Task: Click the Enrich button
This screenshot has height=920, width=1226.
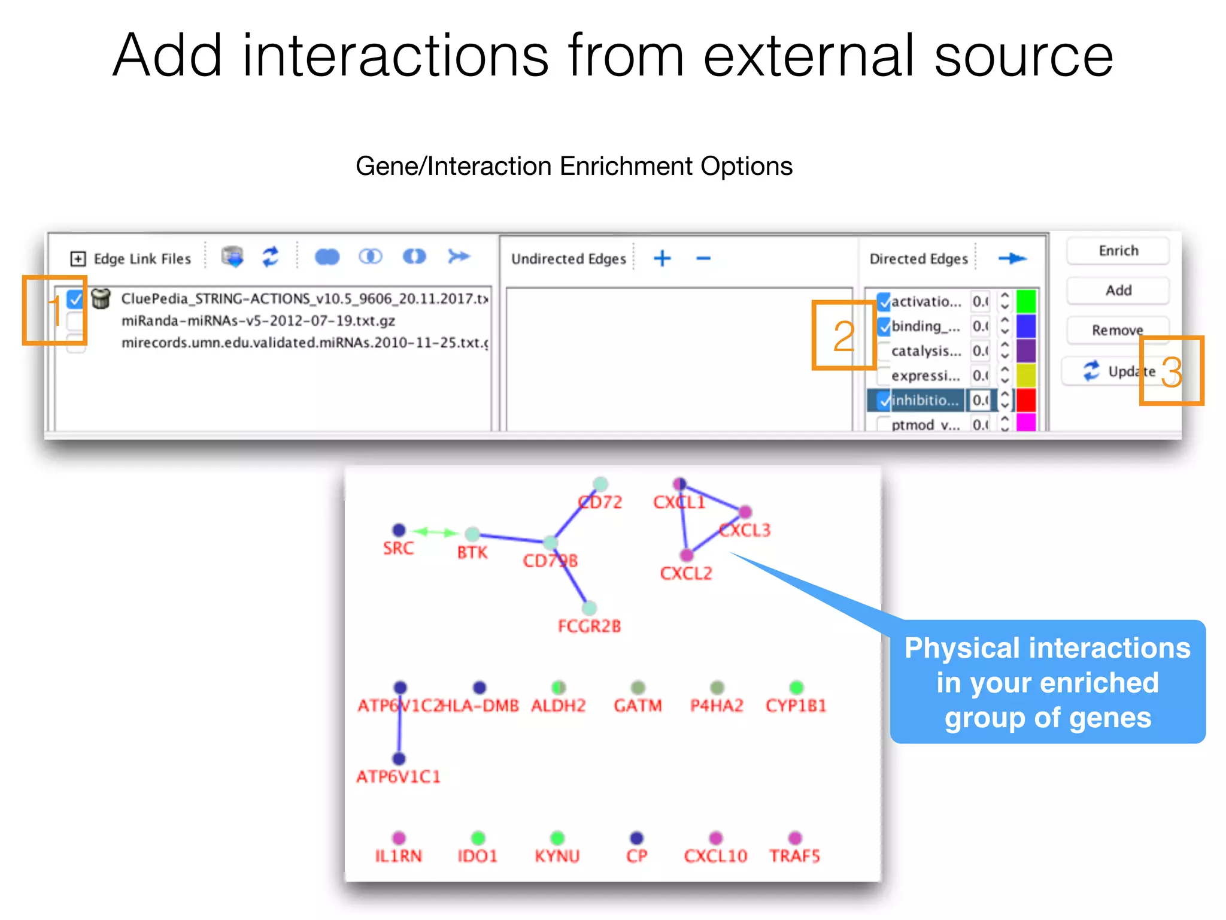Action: (1118, 251)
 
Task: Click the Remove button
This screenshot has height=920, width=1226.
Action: (1117, 330)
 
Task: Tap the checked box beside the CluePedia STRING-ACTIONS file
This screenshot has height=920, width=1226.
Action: (75, 298)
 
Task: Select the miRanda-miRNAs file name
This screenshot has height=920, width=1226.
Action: (258, 321)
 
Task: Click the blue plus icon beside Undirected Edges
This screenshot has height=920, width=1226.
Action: (662, 259)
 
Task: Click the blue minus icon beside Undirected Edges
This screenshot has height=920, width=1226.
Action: (703, 259)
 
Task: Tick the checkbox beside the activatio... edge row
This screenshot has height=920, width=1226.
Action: (884, 301)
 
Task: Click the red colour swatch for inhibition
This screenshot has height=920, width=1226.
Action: (1026, 400)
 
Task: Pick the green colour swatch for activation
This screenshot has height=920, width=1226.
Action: (1026, 301)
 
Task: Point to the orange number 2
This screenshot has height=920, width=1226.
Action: (843, 336)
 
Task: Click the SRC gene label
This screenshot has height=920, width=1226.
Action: (398, 548)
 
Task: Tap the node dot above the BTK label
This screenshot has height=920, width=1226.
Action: (472, 534)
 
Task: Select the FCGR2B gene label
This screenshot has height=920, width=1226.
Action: (589, 627)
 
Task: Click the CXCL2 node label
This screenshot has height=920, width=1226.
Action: (686, 574)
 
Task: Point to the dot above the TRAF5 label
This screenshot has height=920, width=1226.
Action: (795, 837)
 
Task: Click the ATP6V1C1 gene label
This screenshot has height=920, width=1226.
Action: (398, 777)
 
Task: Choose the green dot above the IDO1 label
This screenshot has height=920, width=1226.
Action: (478, 837)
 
